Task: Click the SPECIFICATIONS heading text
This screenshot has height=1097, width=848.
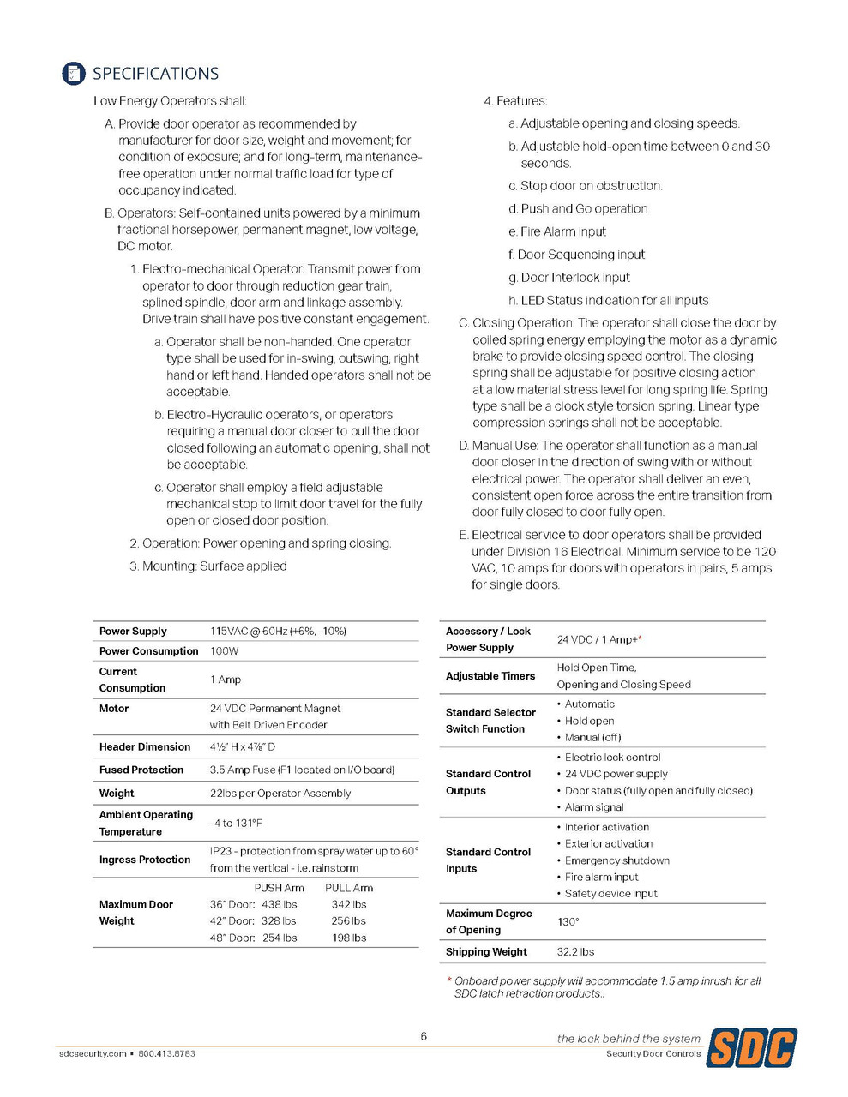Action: point(155,74)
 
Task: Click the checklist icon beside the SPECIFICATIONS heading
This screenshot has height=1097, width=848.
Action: point(74,74)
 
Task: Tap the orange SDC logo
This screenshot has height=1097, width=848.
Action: point(751,1047)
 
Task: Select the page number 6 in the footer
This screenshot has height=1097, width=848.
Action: point(424,1036)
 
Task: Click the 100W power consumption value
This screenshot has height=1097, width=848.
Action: point(225,651)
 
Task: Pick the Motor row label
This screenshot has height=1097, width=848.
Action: point(114,709)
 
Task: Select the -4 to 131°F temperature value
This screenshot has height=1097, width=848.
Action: point(236,823)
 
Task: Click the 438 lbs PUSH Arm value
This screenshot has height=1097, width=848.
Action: point(280,904)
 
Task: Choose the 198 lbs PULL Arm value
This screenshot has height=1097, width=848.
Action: point(349,938)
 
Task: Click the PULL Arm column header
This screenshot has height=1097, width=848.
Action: point(349,888)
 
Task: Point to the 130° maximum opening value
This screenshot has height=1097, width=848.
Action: point(568,921)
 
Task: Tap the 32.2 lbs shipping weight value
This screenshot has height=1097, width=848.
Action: point(575,952)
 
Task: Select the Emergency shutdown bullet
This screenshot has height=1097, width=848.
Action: point(616,860)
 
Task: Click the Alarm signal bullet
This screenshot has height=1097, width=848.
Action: point(594,807)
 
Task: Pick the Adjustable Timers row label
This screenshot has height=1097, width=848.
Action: point(490,676)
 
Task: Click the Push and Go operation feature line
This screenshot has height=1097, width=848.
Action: point(584,208)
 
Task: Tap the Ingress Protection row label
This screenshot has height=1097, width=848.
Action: point(145,860)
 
